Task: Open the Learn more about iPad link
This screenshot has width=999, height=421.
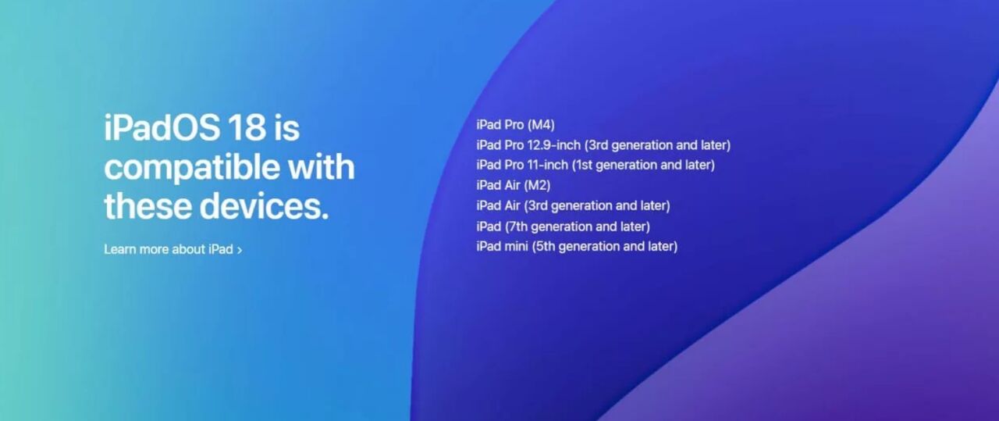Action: point(169,249)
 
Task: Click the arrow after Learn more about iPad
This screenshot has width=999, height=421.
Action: point(240,250)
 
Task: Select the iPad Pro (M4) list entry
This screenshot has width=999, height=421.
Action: point(515,124)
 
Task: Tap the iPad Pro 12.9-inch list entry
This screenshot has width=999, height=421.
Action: point(603,144)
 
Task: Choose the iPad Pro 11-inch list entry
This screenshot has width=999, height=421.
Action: point(595,165)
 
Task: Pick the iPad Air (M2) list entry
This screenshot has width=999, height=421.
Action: point(514,185)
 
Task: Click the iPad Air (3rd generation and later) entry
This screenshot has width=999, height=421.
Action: point(573,205)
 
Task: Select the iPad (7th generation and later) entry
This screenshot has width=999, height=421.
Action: point(563,226)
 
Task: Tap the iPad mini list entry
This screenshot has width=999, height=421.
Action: point(577,246)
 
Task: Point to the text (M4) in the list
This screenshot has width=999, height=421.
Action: point(541,124)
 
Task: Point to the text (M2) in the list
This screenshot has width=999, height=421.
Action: point(538,185)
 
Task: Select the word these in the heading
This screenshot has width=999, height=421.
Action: point(147,207)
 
